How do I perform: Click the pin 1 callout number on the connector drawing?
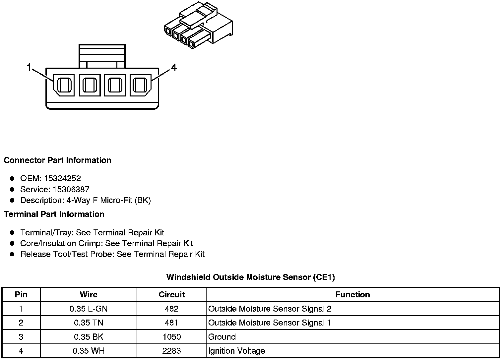29,68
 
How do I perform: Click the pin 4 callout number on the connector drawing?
174,68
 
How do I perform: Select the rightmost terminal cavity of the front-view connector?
140,85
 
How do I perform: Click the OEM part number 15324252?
62,178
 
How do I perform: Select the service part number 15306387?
71,189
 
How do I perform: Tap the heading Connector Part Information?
57,160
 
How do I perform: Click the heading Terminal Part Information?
54,214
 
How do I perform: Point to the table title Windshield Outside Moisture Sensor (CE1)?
250,277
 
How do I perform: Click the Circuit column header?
171,294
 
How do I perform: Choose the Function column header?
352,294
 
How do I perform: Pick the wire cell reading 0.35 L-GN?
89,309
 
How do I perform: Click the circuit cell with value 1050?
171,337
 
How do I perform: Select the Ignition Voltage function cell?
236,351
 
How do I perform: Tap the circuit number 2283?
171,351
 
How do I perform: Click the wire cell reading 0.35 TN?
89,323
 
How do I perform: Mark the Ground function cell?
222,337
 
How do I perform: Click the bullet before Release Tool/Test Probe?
12,254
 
